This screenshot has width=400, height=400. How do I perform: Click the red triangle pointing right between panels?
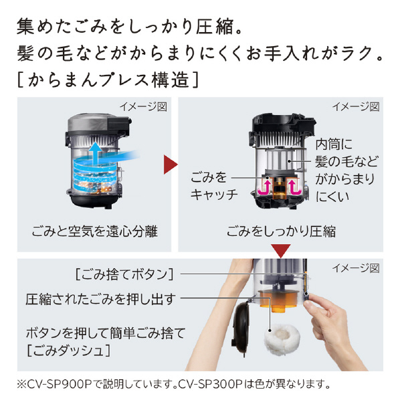(x=170, y=165)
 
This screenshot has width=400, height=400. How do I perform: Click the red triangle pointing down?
(x=281, y=251)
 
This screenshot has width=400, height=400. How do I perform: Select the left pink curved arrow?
(x=264, y=187)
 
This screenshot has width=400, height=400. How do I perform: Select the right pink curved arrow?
(x=295, y=187)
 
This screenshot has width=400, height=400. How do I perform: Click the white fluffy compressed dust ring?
(x=282, y=339)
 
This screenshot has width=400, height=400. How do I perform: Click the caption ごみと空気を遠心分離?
(x=94, y=231)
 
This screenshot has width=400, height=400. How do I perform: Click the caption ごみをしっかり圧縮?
(x=281, y=231)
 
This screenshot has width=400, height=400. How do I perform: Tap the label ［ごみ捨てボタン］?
(x=124, y=274)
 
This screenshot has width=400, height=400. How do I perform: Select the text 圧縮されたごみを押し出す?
(x=101, y=299)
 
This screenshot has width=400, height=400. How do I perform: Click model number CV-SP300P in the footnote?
(x=210, y=384)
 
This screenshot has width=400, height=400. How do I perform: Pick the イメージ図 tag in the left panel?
(x=144, y=106)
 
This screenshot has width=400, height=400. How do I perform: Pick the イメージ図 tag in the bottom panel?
(x=356, y=268)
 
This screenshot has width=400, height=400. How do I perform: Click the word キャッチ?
(x=214, y=195)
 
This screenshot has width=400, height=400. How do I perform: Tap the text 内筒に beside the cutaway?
(x=334, y=144)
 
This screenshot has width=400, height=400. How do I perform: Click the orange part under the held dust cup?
(x=279, y=301)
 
